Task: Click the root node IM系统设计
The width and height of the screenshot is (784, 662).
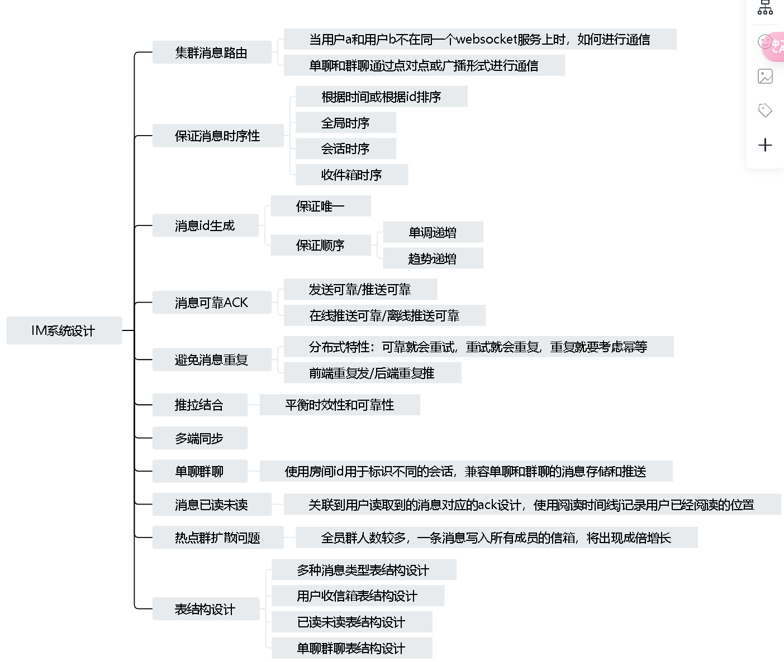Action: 64,330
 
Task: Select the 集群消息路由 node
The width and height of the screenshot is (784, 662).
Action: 212,52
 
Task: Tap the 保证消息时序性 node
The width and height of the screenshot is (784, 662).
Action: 218,136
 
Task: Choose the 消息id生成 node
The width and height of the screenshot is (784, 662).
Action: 205,226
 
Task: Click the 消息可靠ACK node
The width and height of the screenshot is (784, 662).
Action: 212,303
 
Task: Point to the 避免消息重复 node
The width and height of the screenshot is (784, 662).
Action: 212,359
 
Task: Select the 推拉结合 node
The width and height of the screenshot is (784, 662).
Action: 200,405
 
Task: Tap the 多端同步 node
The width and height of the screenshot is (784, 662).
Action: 200,438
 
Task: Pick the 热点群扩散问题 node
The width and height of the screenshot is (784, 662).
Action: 218,538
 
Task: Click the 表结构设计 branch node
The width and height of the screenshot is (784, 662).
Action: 206,609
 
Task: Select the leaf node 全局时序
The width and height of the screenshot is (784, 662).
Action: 346,122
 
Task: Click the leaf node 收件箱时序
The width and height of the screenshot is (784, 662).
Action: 352,175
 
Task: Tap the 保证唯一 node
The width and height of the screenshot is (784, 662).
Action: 321,206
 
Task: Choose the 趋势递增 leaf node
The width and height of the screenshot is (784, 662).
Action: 433,258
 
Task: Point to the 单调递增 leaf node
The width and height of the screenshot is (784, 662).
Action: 433,232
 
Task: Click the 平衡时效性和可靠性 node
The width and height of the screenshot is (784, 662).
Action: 340,405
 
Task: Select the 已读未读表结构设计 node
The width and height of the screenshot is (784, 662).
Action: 352,622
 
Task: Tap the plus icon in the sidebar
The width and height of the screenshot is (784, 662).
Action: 765,145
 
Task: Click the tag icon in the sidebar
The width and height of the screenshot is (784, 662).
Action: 765,111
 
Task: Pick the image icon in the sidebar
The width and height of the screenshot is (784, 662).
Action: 765,76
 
